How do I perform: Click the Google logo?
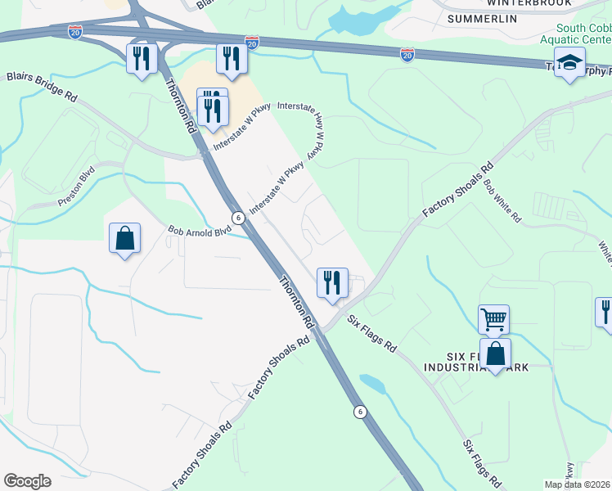28,481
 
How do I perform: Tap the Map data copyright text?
577,484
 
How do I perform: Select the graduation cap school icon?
569,62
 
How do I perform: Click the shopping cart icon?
494,319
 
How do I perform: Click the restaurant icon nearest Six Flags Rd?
332,283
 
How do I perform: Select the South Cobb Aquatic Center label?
579,33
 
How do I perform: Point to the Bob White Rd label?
502,201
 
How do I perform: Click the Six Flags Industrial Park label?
489,362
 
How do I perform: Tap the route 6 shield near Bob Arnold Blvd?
236,218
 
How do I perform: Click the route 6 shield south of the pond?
359,411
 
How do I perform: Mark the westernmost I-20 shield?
75,32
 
